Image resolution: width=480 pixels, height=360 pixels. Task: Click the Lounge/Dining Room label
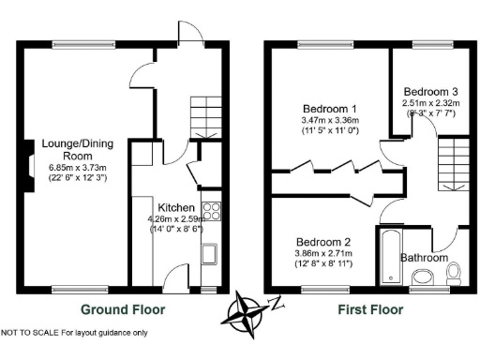click(x=65, y=150)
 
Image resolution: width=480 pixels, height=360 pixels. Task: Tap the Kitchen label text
click(x=175, y=207)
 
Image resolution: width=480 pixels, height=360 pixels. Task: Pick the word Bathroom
click(x=424, y=258)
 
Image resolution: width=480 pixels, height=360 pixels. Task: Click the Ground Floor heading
click(x=123, y=309)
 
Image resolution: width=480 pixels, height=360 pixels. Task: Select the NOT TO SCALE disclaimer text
click(x=74, y=333)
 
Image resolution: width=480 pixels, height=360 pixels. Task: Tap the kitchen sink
click(x=210, y=253)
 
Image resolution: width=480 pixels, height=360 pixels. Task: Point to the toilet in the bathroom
click(x=454, y=273)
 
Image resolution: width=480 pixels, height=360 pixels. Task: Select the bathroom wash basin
click(x=423, y=277)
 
